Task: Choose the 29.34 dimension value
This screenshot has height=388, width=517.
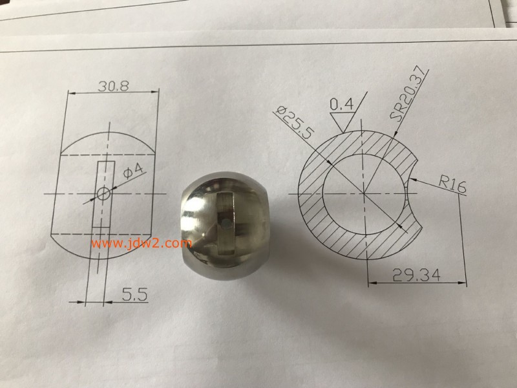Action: click(x=416, y=275)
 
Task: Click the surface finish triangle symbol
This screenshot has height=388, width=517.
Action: click(x=341, y=120)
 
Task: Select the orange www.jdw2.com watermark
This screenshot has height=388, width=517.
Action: click(x=140, y=244)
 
